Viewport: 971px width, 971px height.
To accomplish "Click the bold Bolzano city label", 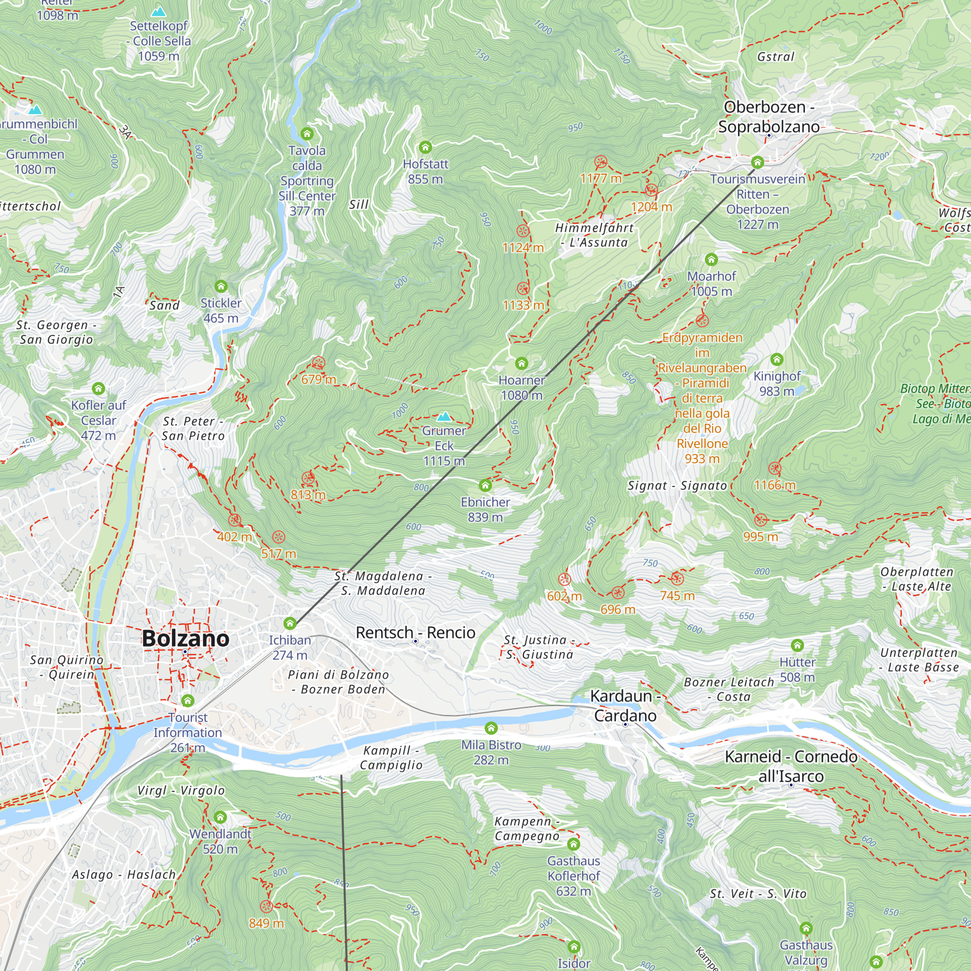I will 185,638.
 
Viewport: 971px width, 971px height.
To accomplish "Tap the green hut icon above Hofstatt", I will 425,147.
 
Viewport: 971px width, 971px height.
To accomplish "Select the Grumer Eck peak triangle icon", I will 444,417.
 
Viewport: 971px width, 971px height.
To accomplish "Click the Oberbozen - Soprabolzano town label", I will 769,117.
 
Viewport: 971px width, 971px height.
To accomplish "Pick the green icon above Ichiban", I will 289,624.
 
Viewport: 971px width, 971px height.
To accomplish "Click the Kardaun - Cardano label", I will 625,705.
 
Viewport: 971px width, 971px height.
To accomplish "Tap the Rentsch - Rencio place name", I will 415,633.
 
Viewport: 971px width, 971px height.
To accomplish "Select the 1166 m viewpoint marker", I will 775,469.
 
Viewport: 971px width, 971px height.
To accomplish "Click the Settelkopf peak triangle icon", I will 159,11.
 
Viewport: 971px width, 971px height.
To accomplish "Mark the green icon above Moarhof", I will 711,259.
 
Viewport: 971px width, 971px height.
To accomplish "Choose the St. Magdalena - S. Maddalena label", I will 383,583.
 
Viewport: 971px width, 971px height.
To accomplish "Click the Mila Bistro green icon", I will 491,728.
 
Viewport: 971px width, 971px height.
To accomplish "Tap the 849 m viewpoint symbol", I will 267,906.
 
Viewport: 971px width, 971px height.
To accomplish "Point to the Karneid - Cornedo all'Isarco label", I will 791,766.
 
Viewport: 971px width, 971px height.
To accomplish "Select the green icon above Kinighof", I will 777,359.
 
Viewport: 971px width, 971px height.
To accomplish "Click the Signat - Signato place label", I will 677,485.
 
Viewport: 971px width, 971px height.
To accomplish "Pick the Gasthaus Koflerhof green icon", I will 573,844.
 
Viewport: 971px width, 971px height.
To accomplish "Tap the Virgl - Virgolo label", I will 181,790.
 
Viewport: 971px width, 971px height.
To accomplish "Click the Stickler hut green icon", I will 221,286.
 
